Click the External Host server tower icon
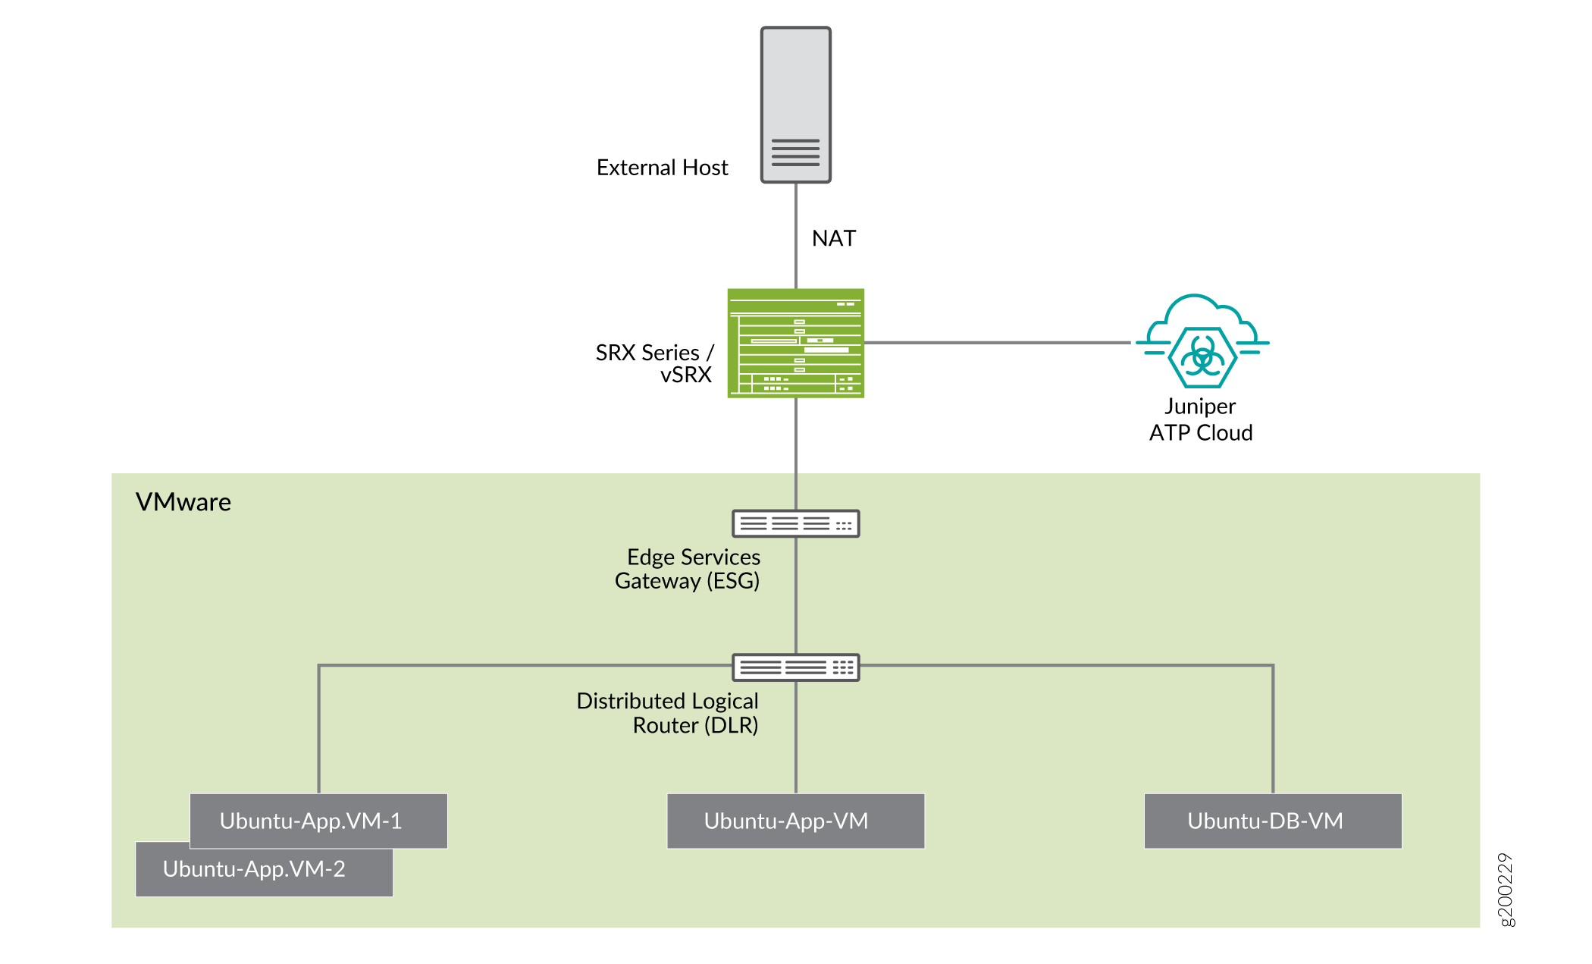(795, 91)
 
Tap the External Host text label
(662, 168)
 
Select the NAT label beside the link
(833, 238)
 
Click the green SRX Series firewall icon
(795, 343)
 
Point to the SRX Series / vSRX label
(653, 363)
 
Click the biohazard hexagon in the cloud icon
(1202, 356)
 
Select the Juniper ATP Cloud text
(1200, 419)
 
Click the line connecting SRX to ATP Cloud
(997, 343)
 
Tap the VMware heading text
(183, 502)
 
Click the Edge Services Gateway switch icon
(795, 523)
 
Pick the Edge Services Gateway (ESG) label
(688, 569)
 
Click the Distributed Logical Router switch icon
(795, 667)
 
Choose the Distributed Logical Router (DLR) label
(668, 713)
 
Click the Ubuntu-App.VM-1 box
(318, 821)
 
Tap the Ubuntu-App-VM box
(795, 821)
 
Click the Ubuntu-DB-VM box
(1272, 821)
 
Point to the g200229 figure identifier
(1506, 889)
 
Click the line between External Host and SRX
(795, 235)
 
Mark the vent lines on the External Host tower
(795, 152)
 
